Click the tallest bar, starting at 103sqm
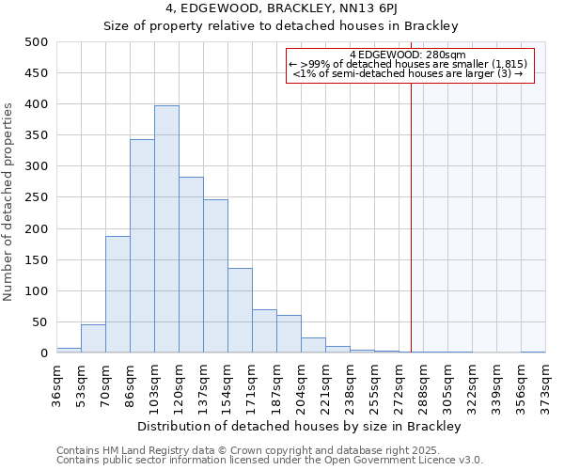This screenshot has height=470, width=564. tap(166, 229)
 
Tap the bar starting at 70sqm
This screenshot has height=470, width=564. tap(117, 294)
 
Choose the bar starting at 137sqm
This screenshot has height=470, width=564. tap(215, 276)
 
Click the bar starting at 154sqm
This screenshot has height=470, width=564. tap(240, 310)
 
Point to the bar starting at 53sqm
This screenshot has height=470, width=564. tap(93, 338)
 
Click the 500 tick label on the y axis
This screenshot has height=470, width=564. tap(37, 42)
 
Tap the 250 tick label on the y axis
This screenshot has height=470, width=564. tap(37, 197)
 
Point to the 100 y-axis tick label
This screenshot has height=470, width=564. tap(37, 291)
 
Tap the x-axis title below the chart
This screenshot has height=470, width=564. tap(301, 426)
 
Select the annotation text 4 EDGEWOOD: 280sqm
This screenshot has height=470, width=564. tap(407, 55)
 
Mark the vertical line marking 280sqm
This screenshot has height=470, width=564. tap(411, 216)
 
